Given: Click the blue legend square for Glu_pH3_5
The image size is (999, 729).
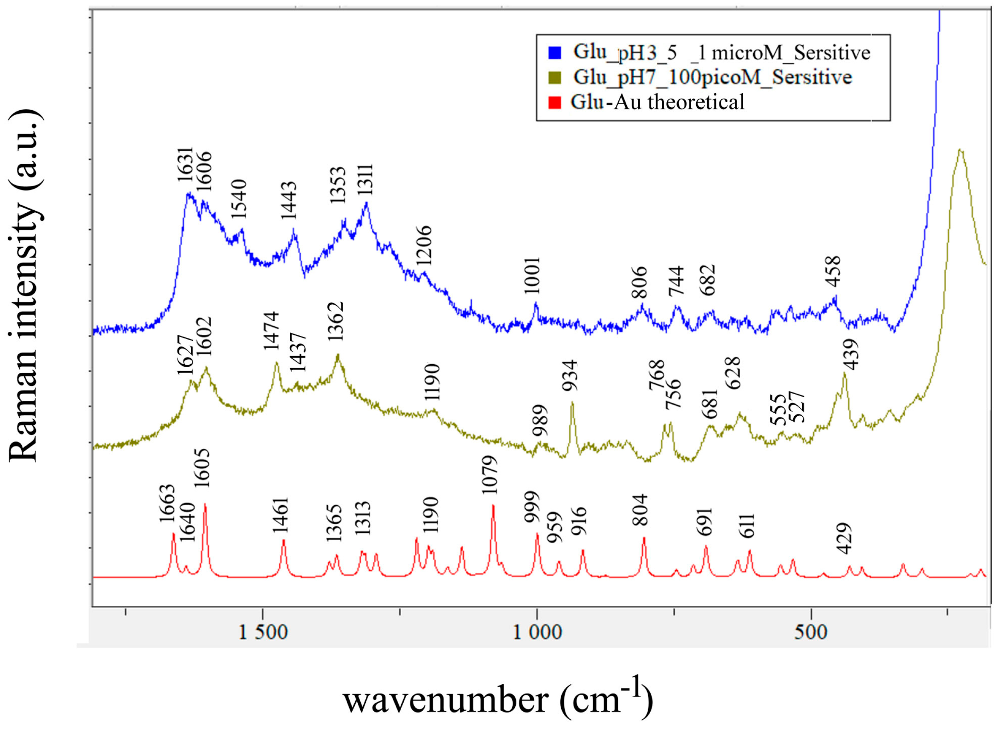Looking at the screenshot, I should coord(554,52).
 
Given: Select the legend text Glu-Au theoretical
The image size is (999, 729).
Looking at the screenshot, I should coord(657,102).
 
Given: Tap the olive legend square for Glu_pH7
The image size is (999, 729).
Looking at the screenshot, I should coord(554,77).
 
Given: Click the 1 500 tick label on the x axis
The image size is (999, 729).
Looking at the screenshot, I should coord(263,632).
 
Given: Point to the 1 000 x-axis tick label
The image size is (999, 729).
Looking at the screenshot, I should coord(537,632).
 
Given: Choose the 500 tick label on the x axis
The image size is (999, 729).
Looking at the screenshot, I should coord(810,632).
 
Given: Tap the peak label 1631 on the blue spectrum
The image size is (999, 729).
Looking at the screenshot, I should coord(185,165).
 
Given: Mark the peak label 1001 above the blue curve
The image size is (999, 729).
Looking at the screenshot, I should coord(532,275).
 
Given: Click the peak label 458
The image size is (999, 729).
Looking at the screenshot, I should coord(833,271).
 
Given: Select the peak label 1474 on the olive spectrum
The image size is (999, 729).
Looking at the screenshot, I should coord(271,331).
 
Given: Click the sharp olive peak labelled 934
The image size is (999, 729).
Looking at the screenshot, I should coord(572,403).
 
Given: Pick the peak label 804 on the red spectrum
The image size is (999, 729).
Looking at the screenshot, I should coord(640,510).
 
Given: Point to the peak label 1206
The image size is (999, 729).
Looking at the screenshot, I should coord(424,245).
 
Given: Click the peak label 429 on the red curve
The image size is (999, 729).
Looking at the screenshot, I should coord(844,539).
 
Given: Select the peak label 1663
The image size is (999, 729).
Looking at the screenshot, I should coord(167,503).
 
